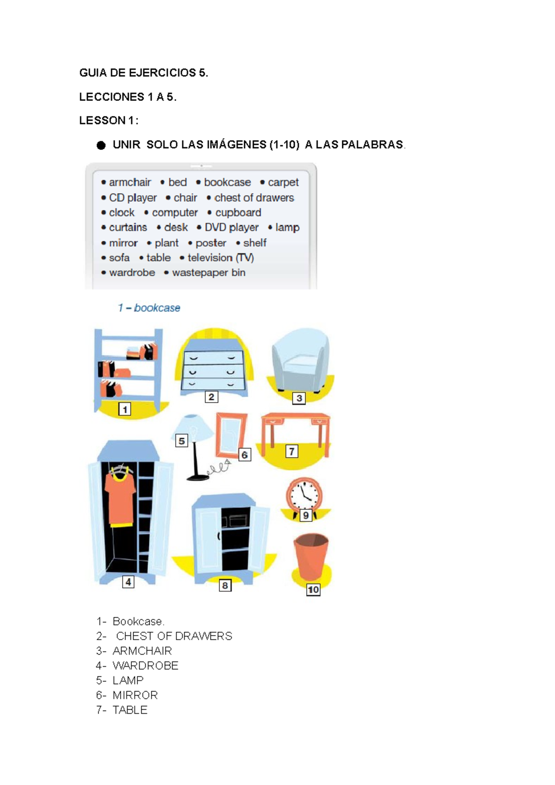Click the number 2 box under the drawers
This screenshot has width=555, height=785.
click(211, 397)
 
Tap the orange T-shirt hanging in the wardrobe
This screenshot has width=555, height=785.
click(120, 500)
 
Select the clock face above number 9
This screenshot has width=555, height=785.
click(303, 495)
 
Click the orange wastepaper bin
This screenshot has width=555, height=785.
click(311, 557)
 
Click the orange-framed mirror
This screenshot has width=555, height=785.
click(230, 435)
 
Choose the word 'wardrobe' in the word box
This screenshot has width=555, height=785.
click(132, 273)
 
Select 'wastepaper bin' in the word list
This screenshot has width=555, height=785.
click(209, 273)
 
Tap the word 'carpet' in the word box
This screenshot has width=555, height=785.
click(283, 183)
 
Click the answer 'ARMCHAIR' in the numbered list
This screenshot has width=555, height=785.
click(142, 651)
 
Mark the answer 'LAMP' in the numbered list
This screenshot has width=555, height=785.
click(128, 681)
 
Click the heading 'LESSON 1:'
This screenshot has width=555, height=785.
click(109, 121)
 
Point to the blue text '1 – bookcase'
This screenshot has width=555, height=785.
click(149, 308)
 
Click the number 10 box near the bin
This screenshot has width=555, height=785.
click(313, 590)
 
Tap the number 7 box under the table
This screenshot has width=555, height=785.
click(291, 451)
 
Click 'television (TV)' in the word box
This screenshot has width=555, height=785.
click(220, 258)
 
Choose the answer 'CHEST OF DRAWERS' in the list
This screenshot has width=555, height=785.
click(174, 636)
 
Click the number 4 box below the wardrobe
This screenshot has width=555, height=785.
click(128, 582)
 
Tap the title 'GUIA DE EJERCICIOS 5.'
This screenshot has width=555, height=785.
click(144, 73)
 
